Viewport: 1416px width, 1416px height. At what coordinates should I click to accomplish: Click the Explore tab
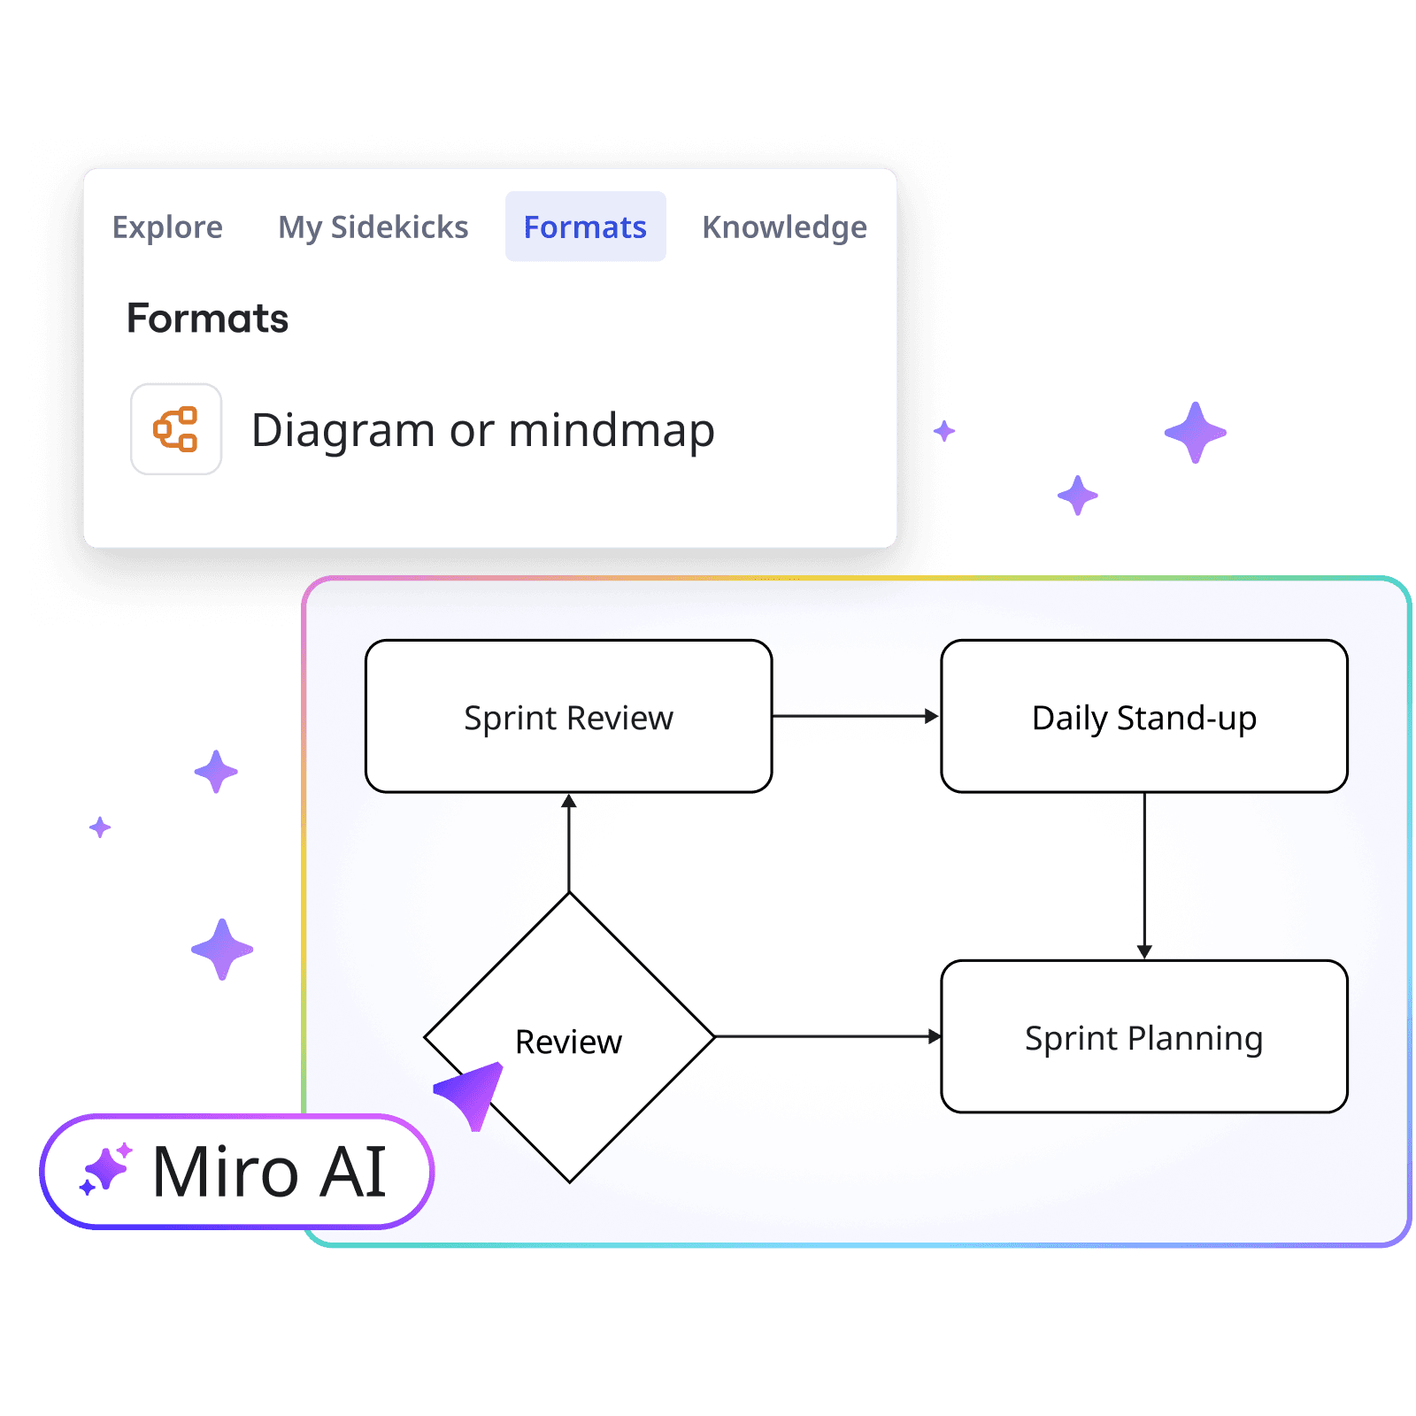pyautogui.click(x=167, y=227)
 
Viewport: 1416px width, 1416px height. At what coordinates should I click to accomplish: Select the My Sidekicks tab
pyautogui.click(x=373, y=227)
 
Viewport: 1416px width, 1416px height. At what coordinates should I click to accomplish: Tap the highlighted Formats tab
pyautogui.click(x=585, y=227)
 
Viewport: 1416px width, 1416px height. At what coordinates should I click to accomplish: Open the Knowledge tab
pyautogui.click(x=784, y=227)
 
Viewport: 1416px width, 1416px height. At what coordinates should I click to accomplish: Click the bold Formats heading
pyautogui.click(x=208, y=319)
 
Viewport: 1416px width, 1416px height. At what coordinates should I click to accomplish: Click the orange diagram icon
pyautogui.click(x=176, y=429)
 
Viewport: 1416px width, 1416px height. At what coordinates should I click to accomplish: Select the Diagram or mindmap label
pyautogui.click(x=483, y=431)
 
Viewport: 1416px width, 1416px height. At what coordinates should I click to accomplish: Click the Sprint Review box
pyautogui.click(x=568, y=716)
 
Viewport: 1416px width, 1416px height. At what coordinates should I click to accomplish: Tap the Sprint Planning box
pyautogui.click(x=1143, y=1037)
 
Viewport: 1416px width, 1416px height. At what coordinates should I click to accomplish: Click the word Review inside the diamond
pyautogui.click(x=568, y=1042)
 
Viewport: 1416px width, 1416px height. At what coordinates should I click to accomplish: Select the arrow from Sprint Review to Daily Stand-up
pyautogui.click(x=855, y=716)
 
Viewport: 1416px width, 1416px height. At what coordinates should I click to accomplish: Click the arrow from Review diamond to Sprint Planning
pyautogui.click(x=827, y=1036)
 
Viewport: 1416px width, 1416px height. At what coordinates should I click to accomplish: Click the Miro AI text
pyautogui.click(x=269, y=1172)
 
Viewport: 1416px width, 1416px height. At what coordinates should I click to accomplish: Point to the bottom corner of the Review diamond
pyautogui.click(x=570, y=1181)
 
